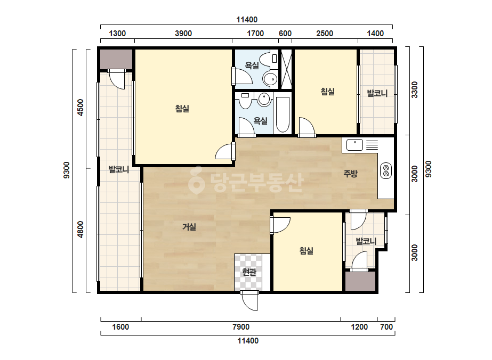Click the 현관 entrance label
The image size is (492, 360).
point(249,272)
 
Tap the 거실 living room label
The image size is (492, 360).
point(189,226)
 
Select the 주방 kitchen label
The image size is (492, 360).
point(351,174)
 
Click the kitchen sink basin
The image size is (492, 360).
point(354,145)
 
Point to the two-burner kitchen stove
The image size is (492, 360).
point(386,170)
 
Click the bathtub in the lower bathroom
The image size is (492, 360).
point(283,115)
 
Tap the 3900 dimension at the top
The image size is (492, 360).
point(183,33)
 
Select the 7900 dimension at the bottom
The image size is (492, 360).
point(241,327)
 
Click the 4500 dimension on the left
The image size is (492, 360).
point(80,108)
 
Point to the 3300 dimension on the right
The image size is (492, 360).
point(415,89)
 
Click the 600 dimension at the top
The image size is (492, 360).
point(285,33)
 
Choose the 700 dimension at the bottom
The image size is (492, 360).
point(386,327)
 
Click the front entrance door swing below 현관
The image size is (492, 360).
point(250,301)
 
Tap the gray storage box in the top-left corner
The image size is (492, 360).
point(116,59)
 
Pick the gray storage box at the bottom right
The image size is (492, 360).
point(360,281)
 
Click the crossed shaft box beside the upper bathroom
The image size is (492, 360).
point(286,69)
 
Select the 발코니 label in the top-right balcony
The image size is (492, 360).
point(377,93)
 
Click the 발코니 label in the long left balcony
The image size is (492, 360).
point(119,170)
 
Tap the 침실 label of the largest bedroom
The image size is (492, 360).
point(182,109)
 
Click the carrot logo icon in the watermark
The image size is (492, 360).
point(196,180)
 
